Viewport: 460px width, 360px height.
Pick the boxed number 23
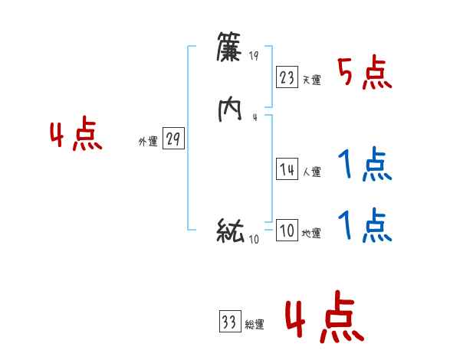287,77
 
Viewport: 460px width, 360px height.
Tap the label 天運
311,80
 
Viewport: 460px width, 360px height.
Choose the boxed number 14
287,170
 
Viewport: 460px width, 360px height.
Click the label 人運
311,172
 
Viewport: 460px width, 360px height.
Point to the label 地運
311,234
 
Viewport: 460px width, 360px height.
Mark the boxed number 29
173,139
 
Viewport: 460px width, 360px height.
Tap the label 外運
148,142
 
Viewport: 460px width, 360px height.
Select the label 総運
255,325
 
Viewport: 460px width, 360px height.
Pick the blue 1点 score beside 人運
365,164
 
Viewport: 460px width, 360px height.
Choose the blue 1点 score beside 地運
365,224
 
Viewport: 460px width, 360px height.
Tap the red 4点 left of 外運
76,136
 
